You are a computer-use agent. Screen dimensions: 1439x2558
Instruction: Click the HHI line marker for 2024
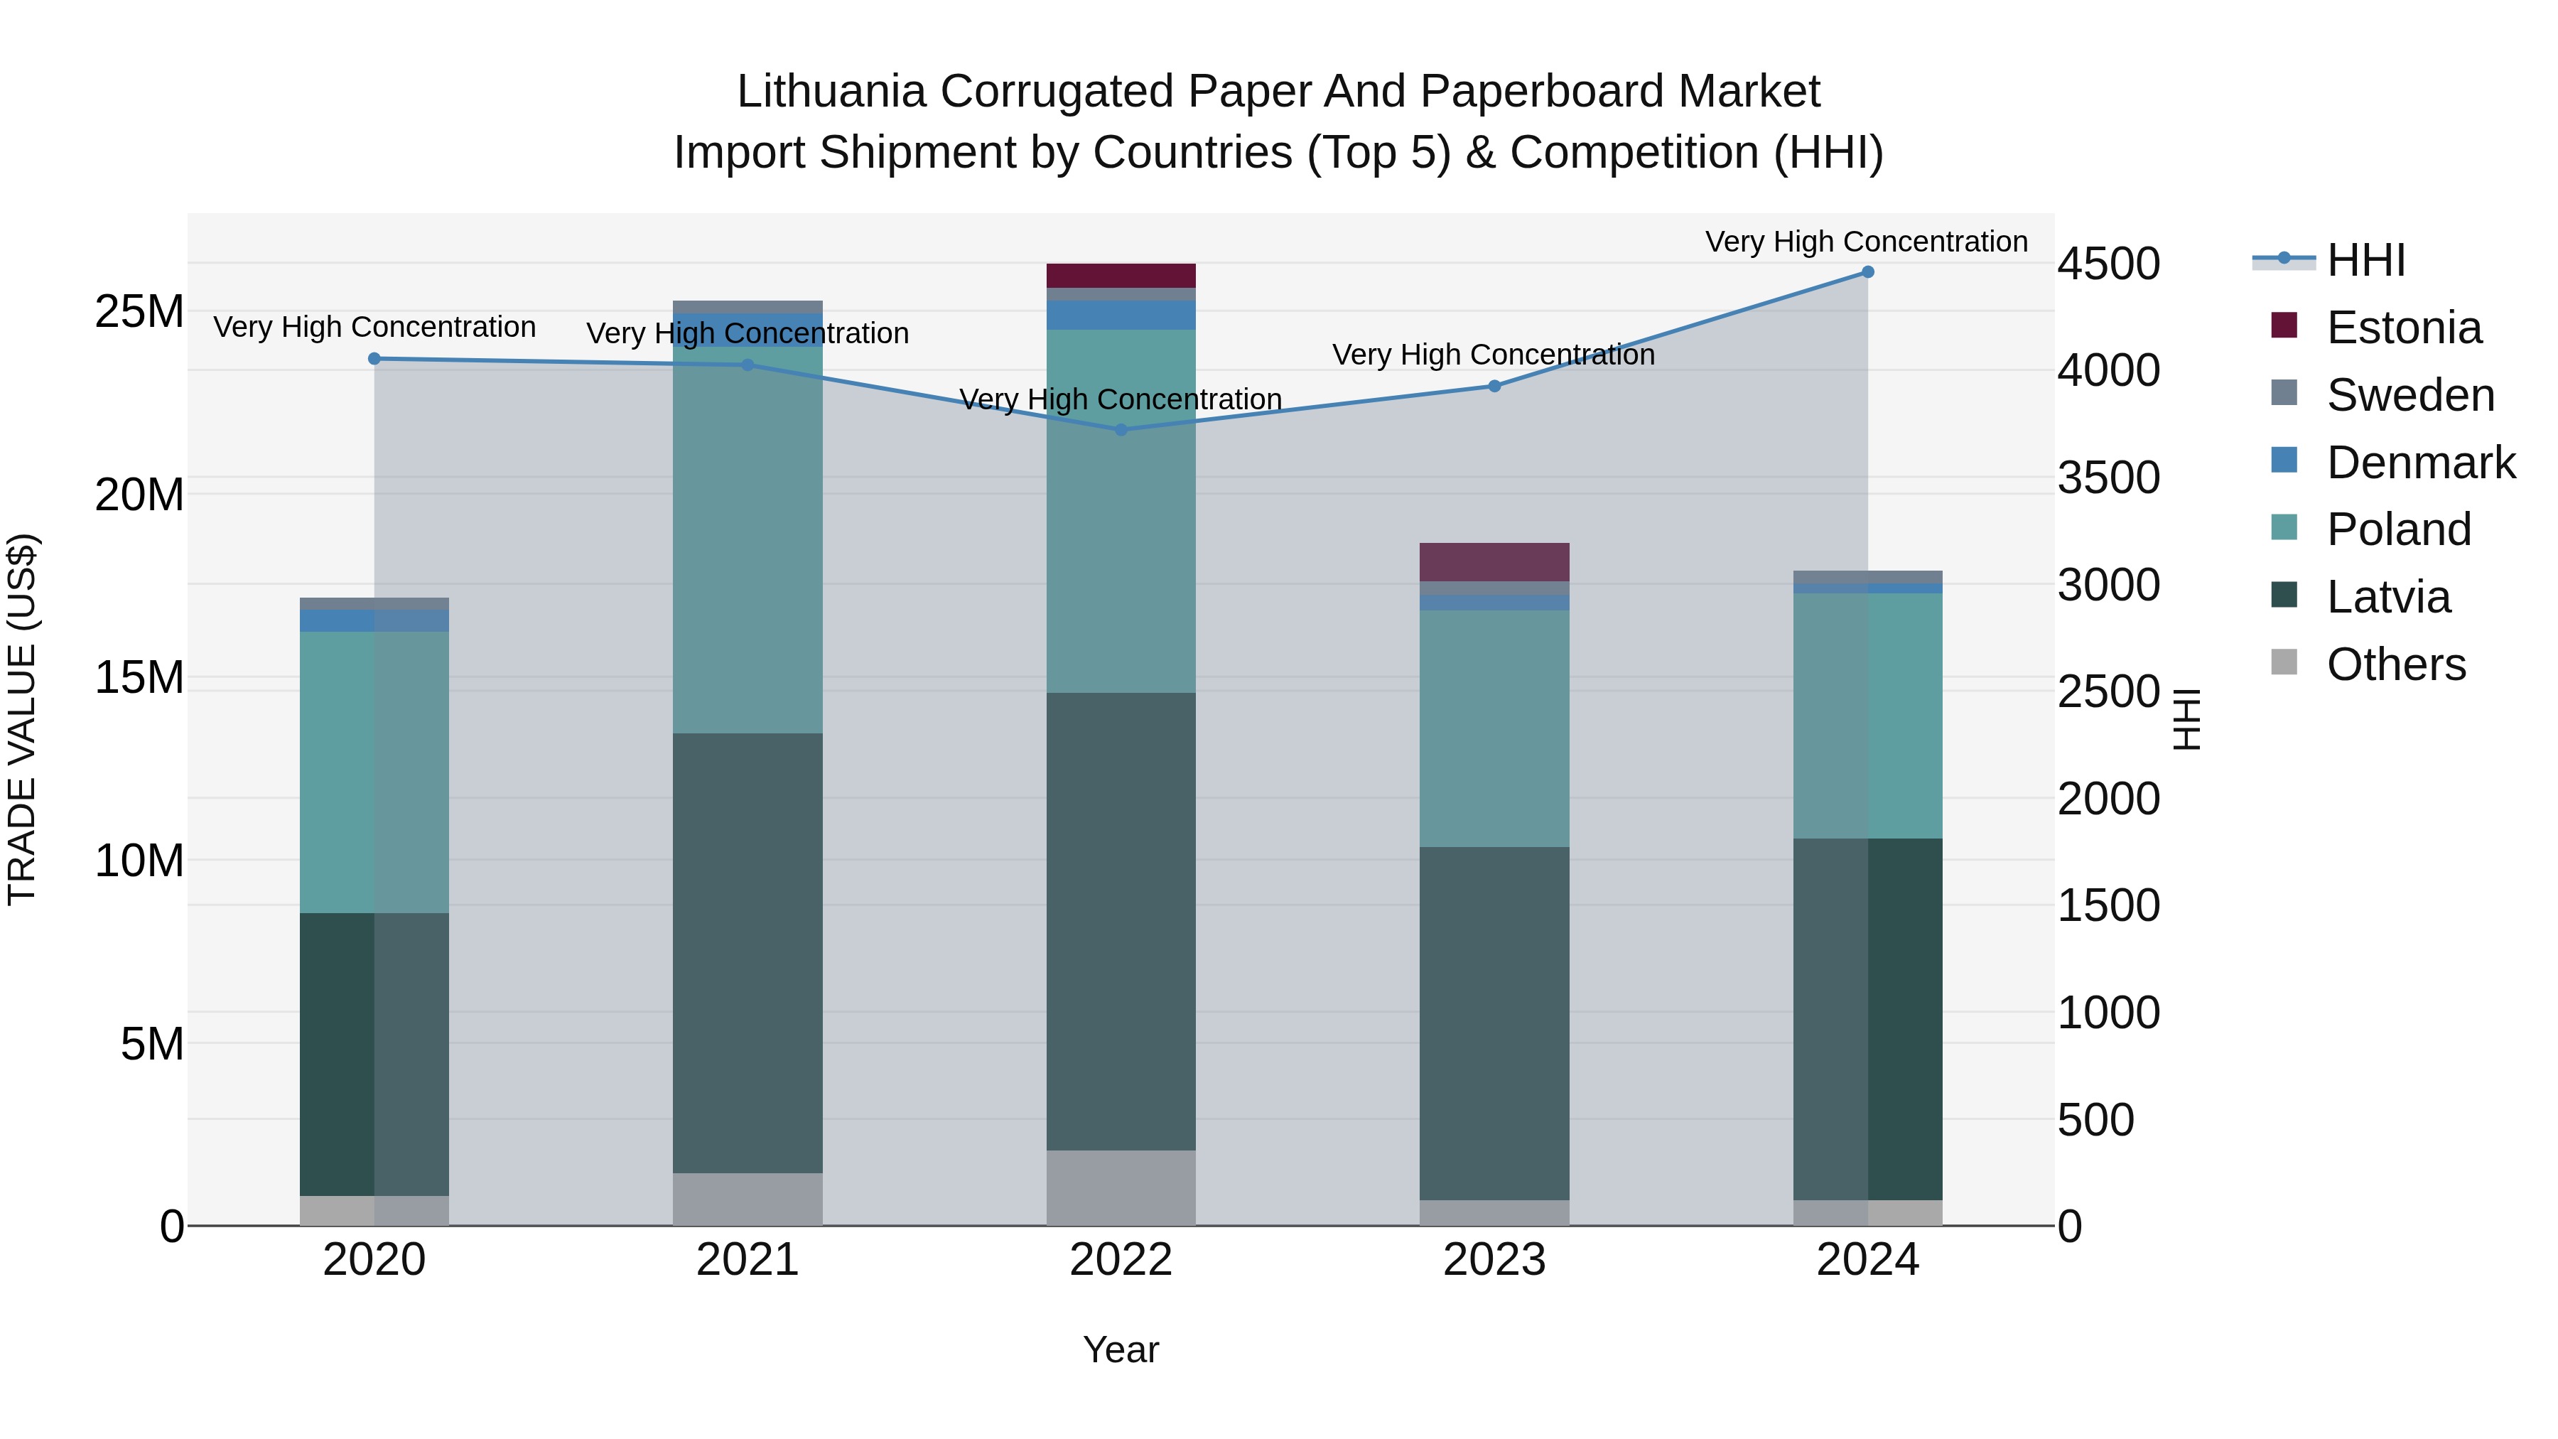click(x=1867, y=272)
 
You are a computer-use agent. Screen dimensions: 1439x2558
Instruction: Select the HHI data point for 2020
click(x=374, y=359)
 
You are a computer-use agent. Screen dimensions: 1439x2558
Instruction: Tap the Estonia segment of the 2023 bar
click(x=1494, y=562)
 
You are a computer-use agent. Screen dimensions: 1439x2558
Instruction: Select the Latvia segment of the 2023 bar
click(x=1494, y=1023)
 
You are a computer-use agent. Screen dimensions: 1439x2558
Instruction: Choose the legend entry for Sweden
click(x=2410, y=395)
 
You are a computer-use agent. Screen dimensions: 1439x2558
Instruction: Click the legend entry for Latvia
click(x=2388, y=597)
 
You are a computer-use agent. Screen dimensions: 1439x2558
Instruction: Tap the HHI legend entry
click(x=2365, y=260)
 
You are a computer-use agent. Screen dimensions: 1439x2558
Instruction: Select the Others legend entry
click(x=2395, y=664)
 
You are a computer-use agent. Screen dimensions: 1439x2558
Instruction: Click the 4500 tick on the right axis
click(x=2108, y=264)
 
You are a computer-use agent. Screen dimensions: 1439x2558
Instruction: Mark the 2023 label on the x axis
click(x=1494, y=1260)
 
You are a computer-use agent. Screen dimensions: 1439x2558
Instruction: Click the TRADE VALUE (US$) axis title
click(x=22, y=719)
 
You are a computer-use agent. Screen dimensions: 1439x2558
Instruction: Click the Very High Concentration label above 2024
click(x=1866, y=242)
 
